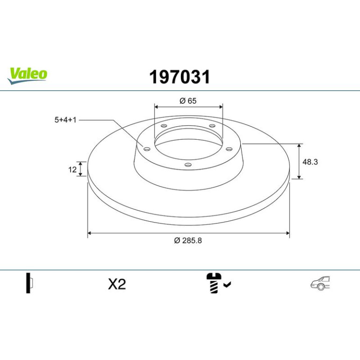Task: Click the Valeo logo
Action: point(27,76)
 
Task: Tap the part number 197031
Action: point(180,77)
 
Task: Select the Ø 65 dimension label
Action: point(188,101)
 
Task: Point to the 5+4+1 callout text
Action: point(65,120)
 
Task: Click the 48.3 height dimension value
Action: point(310,162)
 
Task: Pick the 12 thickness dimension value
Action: point(72,170)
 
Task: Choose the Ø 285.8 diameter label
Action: point(188,240)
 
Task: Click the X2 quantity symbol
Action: point(117,284)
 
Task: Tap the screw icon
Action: point(214,283)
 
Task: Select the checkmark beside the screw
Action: point(227,285)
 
